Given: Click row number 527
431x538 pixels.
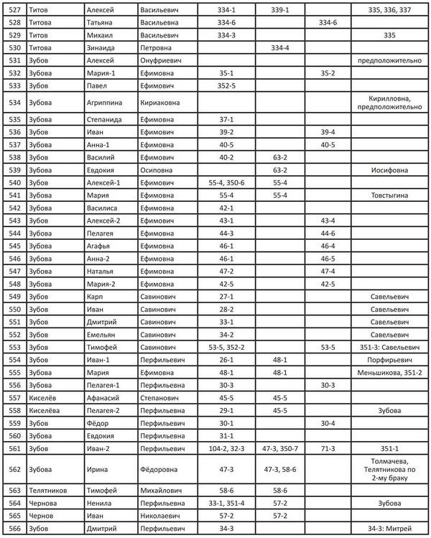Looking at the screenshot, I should (x=14, y=11).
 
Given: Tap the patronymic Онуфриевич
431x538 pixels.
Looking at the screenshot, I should (x=162, y=60).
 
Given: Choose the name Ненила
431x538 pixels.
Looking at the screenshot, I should (x=99, y=504).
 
